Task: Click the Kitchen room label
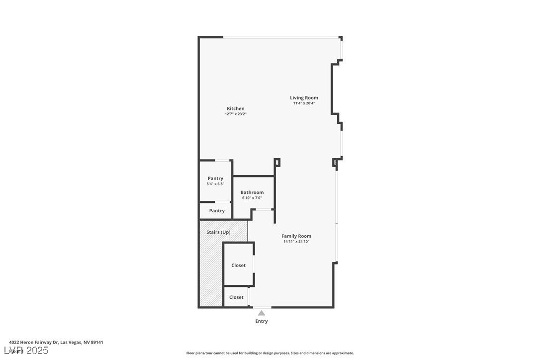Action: point(235,108)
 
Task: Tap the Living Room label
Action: point(304,98)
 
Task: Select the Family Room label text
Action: point(296,236)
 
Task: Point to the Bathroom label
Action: point(252,192)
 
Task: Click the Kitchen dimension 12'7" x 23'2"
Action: point(235,114)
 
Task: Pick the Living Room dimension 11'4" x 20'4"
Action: point(304,103)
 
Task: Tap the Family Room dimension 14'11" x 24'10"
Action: point(296,242)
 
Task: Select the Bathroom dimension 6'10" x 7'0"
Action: point(252,198)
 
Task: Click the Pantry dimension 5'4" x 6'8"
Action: point(215,184)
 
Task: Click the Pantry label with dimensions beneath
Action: point(215,179)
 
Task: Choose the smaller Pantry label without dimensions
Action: point(217,211)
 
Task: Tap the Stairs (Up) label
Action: point(218,232)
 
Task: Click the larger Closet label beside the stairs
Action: point(238,266)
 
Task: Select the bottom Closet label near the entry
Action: point(236,297)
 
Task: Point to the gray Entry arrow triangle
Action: point(261,313)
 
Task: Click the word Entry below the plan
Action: point(261,321)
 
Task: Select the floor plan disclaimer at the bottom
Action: point(270,353)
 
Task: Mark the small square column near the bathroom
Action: point(277,162)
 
